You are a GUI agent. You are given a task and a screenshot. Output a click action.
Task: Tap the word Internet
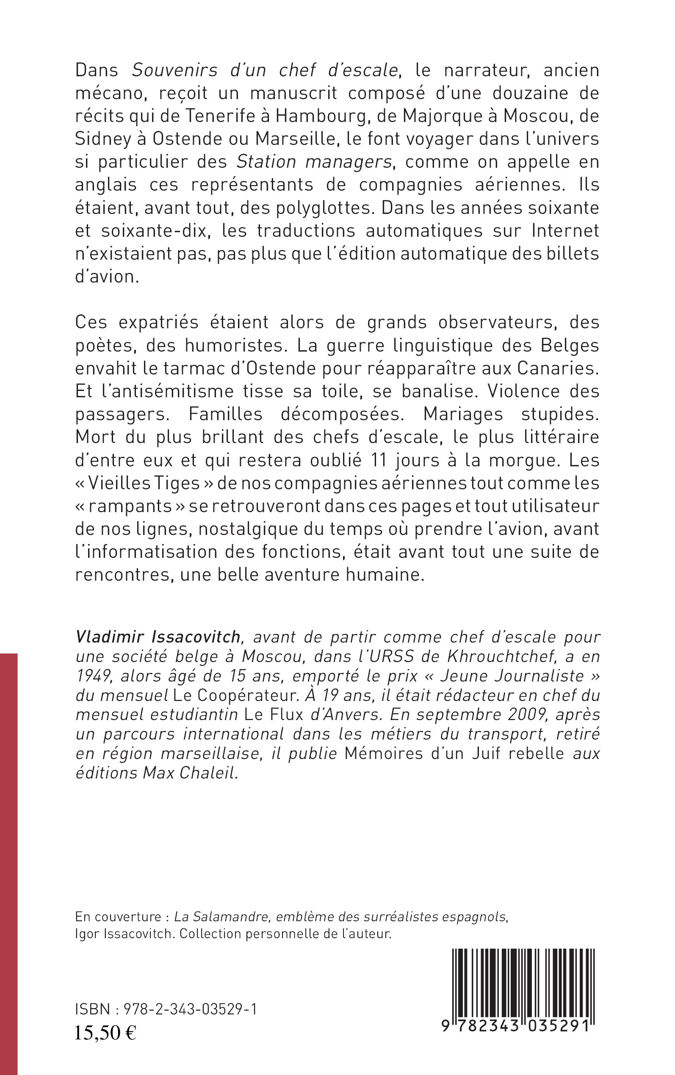(x=565, y=231)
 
